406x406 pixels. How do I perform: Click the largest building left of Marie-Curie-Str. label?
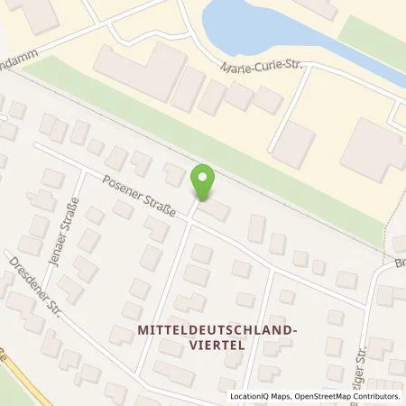click(x=140, y=71)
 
